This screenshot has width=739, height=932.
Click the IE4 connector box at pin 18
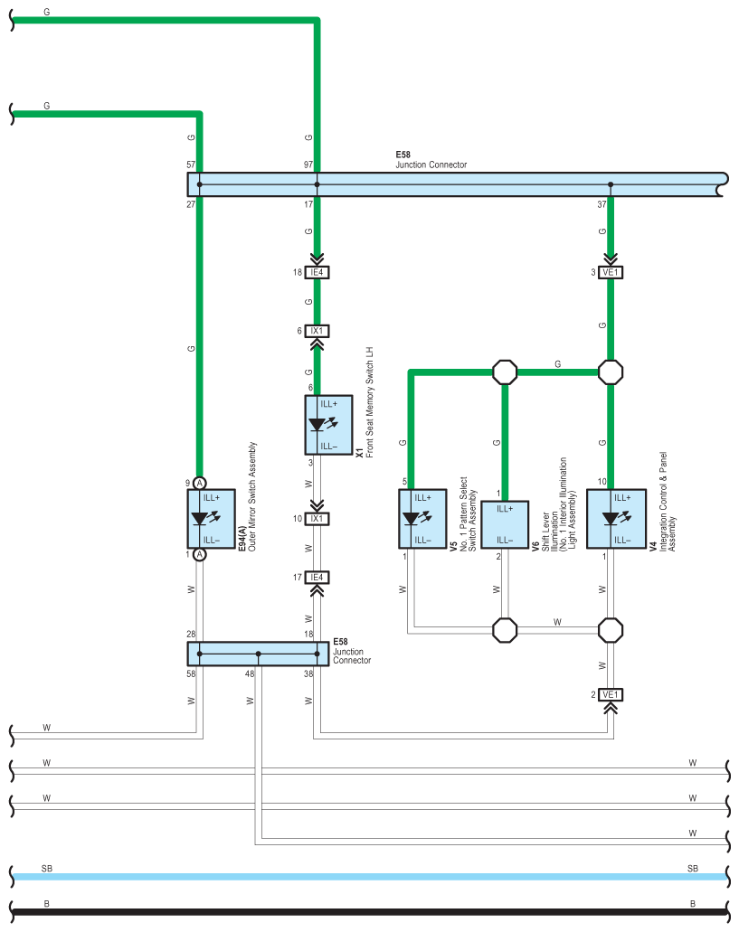point(317,272)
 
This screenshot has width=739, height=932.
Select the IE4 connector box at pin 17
point(317,577)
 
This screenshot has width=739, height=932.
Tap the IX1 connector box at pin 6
point(317,331)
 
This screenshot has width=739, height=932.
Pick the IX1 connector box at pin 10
point(317,518)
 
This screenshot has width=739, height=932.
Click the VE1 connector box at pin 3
point(611,272)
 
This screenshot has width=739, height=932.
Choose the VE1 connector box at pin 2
point(611,694)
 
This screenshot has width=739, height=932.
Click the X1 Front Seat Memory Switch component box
point(328,425)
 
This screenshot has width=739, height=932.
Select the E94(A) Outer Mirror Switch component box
point(211,519)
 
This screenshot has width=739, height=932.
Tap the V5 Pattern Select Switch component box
point(422,519)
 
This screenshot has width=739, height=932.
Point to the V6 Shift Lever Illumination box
point(505,524)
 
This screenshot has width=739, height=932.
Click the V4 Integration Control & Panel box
point(617,519)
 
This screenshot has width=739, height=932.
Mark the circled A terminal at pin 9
point(200,483)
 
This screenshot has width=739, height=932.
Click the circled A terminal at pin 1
point(200,554)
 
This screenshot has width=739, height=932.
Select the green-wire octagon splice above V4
point(611,372)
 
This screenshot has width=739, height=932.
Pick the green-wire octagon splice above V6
point(505,372)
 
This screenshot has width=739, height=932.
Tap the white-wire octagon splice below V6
point(505,630)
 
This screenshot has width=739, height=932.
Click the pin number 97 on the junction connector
point(308,165)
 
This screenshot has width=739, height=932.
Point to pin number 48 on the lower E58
point(250,674)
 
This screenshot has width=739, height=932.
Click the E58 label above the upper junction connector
point(403,155)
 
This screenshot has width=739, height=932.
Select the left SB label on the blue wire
point(47,869)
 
